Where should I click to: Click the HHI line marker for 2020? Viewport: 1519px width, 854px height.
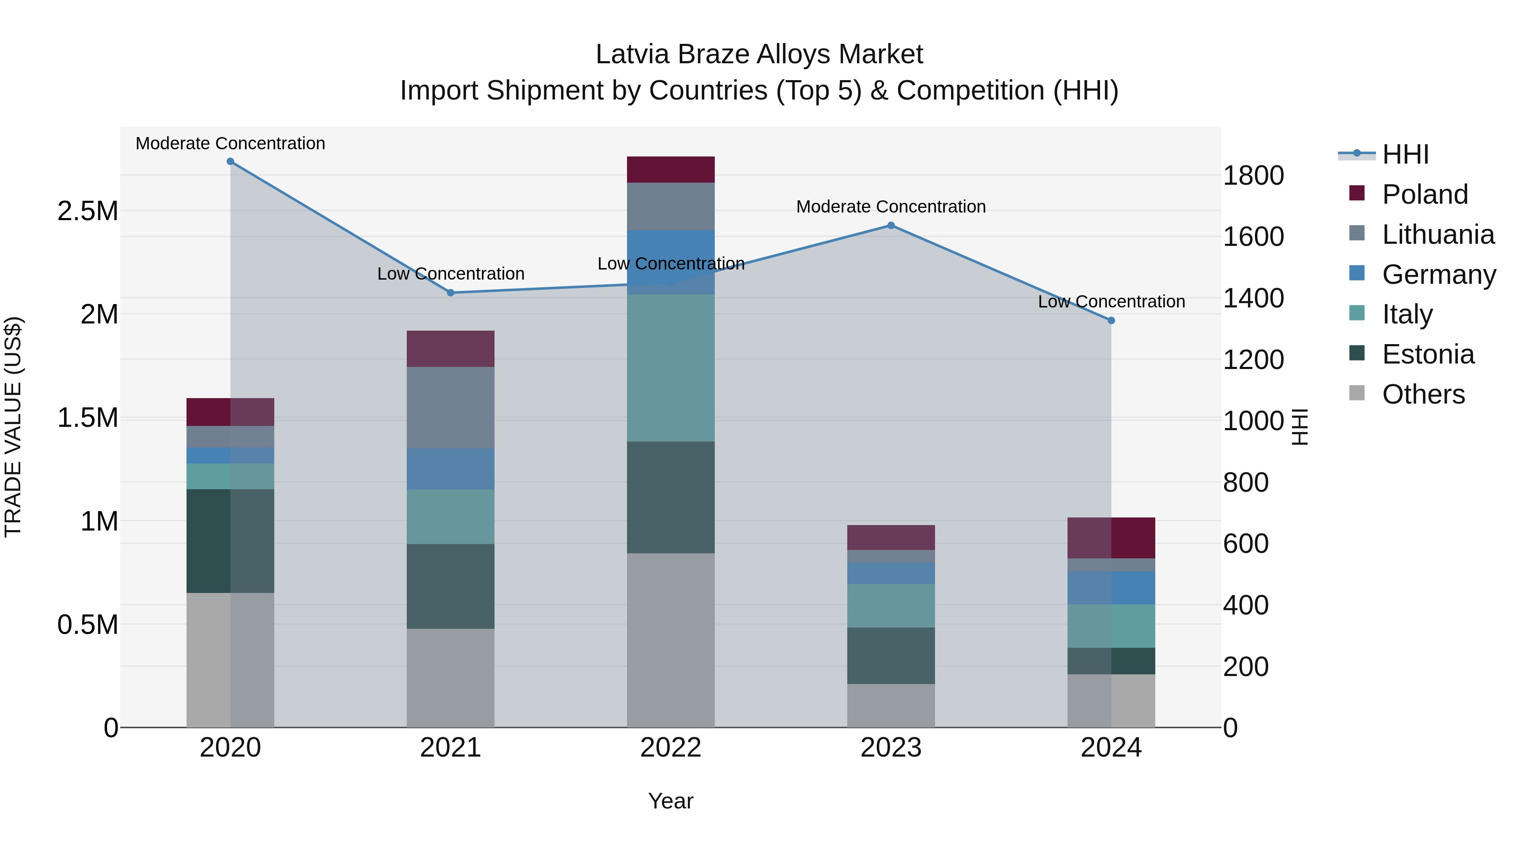click(x=230, y=162)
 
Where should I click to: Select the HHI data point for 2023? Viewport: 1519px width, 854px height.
click(x=891, y=225)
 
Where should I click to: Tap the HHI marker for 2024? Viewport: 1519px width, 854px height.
click(x=1111, y=321)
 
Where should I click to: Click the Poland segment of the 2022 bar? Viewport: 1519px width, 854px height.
click(x=670, y=170)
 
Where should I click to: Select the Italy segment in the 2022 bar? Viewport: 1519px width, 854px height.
click(x=670, y=368)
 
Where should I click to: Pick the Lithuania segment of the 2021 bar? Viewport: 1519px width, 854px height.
click(x=451, y=407)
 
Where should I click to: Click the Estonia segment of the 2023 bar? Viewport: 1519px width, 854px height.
click(x=891, y=655)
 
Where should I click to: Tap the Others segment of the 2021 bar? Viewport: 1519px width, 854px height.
click(x=451, y=678)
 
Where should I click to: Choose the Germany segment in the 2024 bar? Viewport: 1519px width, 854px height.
click(x=1111, y=587)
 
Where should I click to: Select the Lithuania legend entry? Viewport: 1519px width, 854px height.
click(x=1438, y=234)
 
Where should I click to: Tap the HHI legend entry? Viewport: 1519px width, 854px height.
click(x=1405, y=154)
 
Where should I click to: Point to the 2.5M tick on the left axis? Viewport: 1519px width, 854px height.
click(x=88, y=211)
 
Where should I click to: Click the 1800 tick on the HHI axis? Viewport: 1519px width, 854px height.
click(x=1253, y=175)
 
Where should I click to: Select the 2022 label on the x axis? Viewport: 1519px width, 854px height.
click(x=670, y=747)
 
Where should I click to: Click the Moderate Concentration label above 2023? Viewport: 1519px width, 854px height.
click(x=891, y=207)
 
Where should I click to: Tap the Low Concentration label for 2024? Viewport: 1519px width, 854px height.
click(x=1111, y=302)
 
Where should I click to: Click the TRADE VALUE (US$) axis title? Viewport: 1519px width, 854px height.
click(x=13, y=427)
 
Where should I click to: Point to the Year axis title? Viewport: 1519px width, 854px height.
click(x=670, y=801)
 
